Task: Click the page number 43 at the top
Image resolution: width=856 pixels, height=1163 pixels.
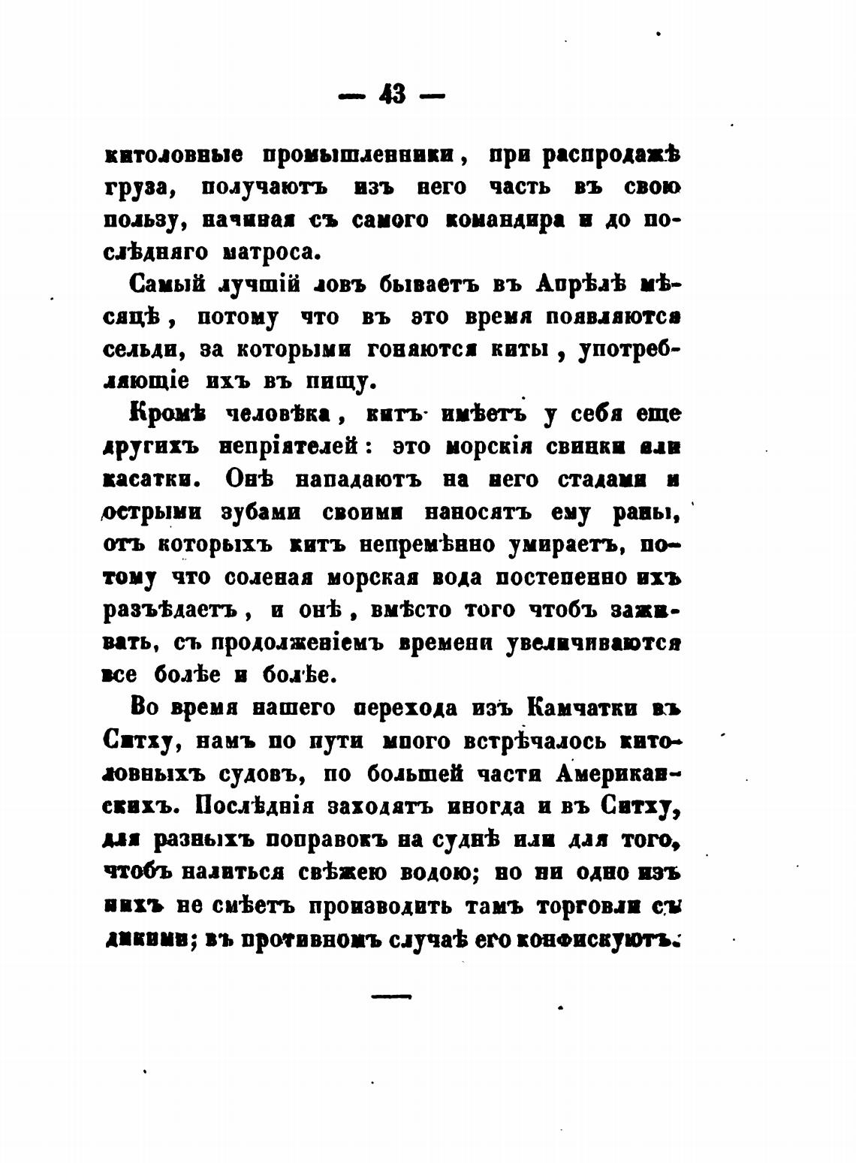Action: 392,95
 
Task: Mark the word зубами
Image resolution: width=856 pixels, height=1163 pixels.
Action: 261,512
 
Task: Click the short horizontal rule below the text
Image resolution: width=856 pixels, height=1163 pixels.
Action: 392,996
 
